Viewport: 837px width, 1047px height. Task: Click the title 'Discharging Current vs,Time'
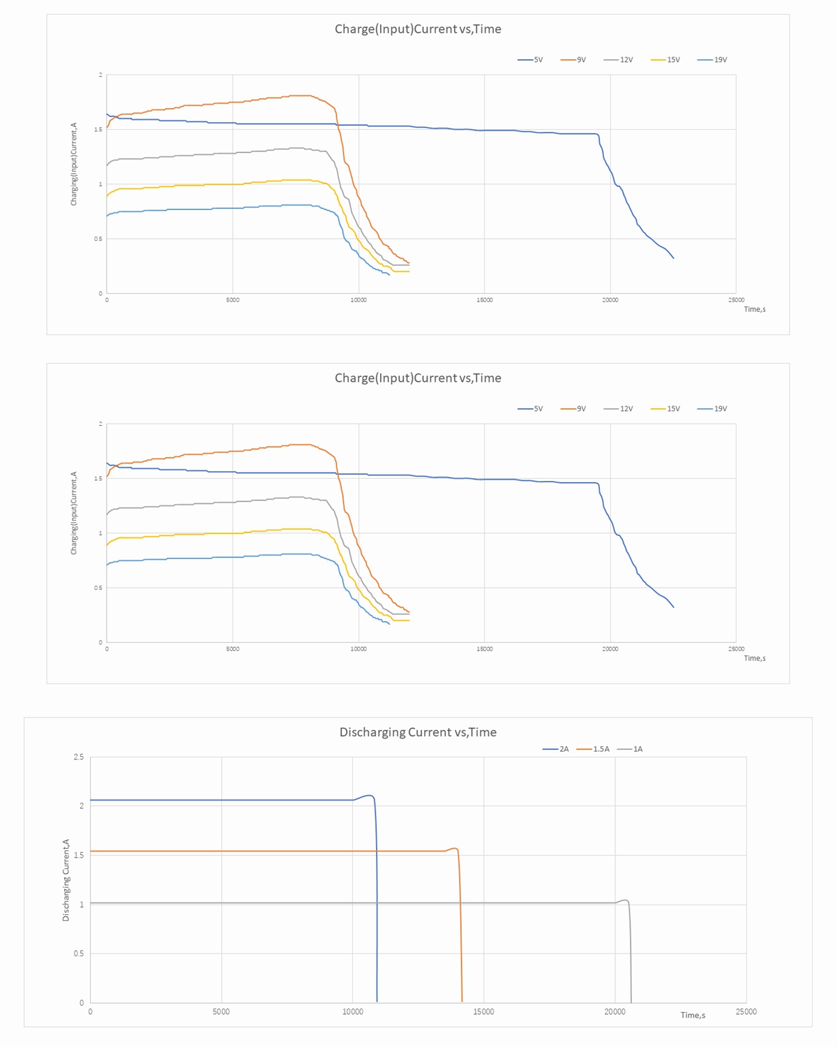[418, 732]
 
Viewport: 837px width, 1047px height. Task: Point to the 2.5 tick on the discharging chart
[79, 757]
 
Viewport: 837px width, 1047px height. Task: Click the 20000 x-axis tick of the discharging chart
[614, 1012]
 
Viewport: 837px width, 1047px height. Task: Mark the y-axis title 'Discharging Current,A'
[66, 880]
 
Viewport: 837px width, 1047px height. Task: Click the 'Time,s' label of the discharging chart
[693, 1015]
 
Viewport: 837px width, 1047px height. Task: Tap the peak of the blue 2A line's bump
[369, 795]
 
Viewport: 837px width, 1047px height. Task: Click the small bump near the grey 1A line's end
[625, 900]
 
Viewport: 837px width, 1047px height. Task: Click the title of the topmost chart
[418, 29]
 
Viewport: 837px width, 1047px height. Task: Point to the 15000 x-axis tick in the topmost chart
[484, 300]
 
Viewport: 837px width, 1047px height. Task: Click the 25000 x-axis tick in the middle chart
[736, 649]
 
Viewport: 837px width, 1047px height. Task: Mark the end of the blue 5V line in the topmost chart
[673, 258]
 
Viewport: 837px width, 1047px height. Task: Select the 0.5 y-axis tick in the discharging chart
[79, 953]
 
